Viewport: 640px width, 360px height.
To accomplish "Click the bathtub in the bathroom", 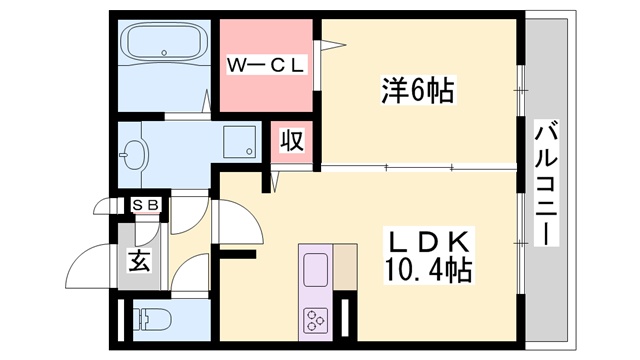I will click(x=164, y=44).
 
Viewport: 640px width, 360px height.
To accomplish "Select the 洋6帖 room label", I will click(x=418, y=91).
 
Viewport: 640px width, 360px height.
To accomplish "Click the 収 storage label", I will click(x=292, y=141).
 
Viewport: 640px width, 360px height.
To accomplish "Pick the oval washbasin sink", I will click(x=133, y=154).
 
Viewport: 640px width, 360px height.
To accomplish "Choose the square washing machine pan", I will click(x=238, y=142).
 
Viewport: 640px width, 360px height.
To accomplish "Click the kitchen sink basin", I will click(x=316, y=271).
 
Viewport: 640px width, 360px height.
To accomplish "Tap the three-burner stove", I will click(x=317, y=320).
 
